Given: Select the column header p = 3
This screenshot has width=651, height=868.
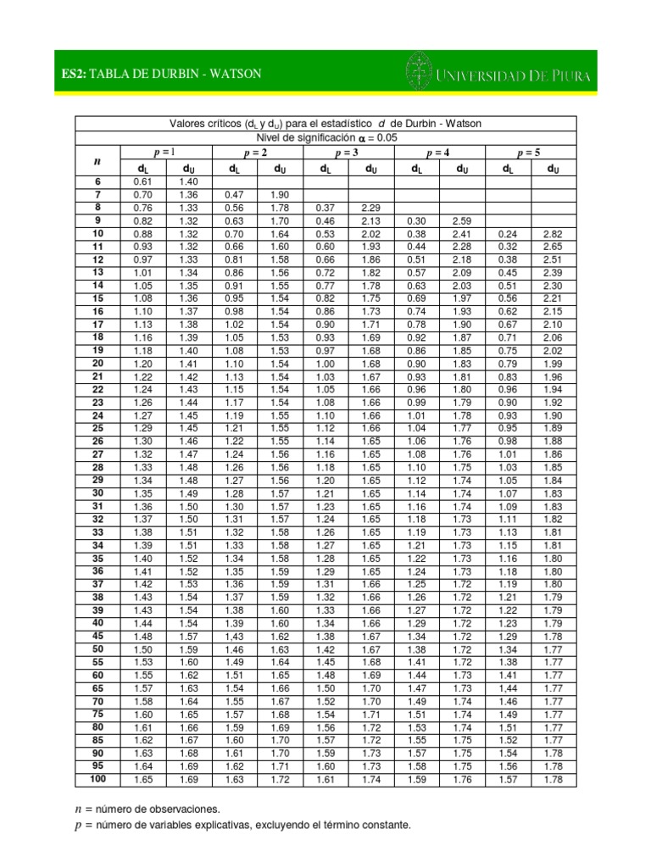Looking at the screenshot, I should click(x=348, y=153).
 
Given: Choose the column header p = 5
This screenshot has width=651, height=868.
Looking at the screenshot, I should click(x=531, y=153).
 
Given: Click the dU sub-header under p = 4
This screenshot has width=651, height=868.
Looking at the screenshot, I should click(x=462, y=169).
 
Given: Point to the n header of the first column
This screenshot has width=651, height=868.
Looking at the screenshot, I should click(x=97, y=160).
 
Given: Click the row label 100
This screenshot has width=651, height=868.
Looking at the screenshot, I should click(x=97, y=779).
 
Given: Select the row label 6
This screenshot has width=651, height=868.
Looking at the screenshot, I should click(x=97, y=181).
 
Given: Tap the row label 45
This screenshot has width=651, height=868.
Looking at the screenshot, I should click(x=97, y=636).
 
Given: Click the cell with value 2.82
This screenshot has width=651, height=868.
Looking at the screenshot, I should click(x=553, y=233).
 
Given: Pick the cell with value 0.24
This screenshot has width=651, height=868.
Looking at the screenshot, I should click(x=508, y=233).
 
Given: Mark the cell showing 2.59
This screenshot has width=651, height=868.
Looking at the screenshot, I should click(x=462, y=220).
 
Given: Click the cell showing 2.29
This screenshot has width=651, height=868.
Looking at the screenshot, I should click(x=370, y=208).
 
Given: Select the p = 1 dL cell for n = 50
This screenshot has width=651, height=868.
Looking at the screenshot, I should click(x=142, y=648).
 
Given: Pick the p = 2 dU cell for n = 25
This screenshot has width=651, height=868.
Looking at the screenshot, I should click(x=279, y=429).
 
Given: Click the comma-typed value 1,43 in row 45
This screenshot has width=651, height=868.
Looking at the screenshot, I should click(x=233, y=636).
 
